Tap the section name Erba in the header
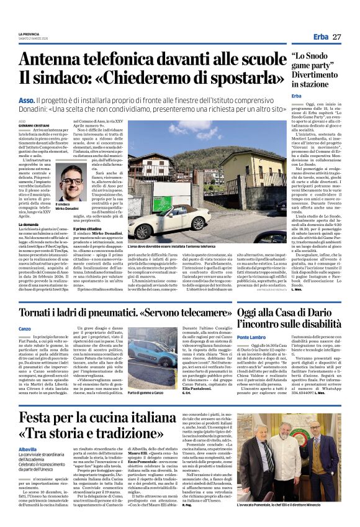[x=321, y=37]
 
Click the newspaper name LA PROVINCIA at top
[x=29, y=34]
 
